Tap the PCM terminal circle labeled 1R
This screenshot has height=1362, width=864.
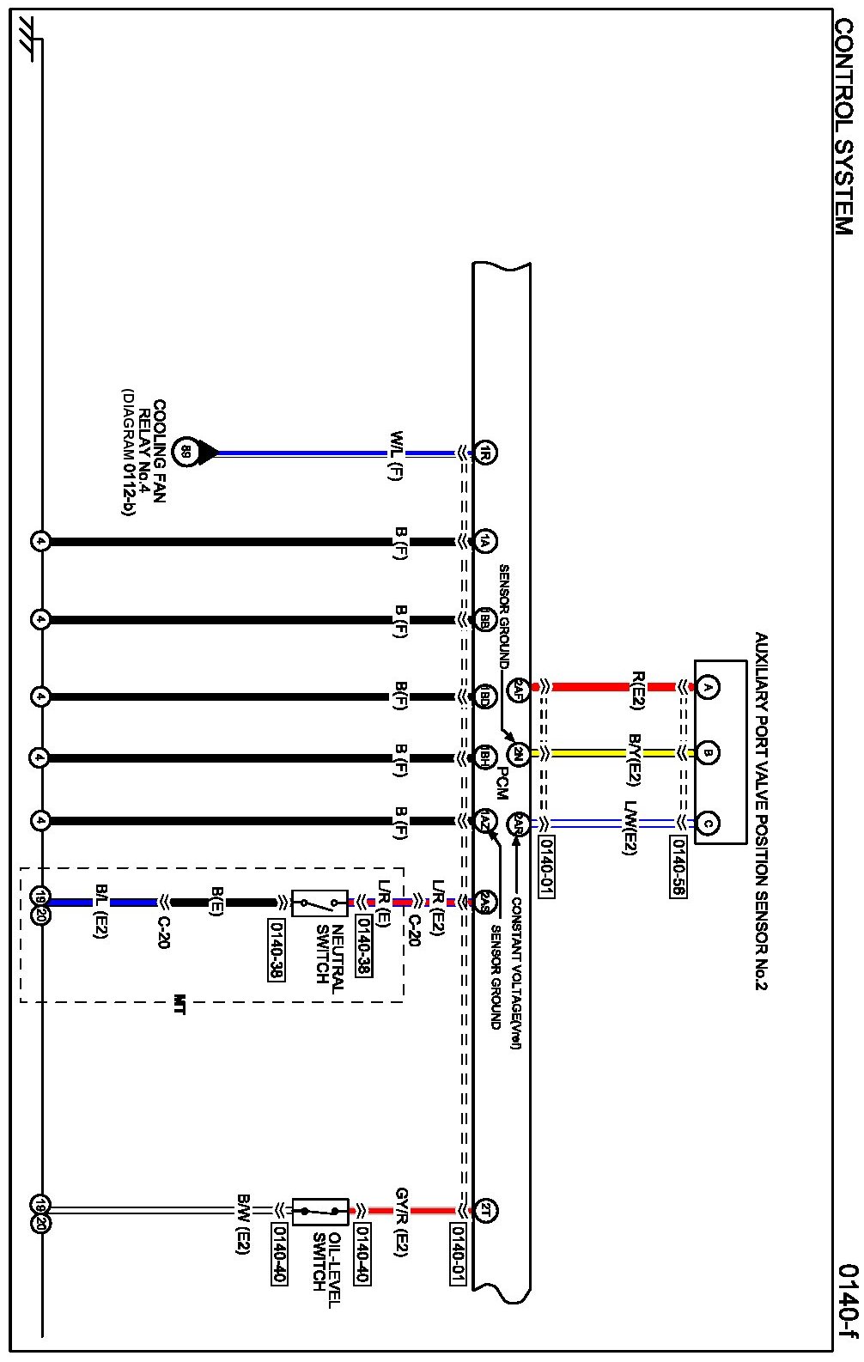pos(485,453)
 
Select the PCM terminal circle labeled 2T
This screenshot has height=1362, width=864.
pos(485,1211)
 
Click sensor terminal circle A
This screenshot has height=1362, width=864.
pos(708,687)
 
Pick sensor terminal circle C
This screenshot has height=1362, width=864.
pos(708,824)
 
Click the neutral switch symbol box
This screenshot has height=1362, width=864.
pos(319,903)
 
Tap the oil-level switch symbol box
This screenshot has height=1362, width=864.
pos(319,1211)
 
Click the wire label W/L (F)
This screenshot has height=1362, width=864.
pos(396,455)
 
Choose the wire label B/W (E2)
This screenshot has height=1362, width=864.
pos(244,1223)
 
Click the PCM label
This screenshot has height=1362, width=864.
pos(502,782)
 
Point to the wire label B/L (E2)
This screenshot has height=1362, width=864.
pos(100,910)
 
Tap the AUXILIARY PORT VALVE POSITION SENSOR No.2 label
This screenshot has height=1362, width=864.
pos(761,812)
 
